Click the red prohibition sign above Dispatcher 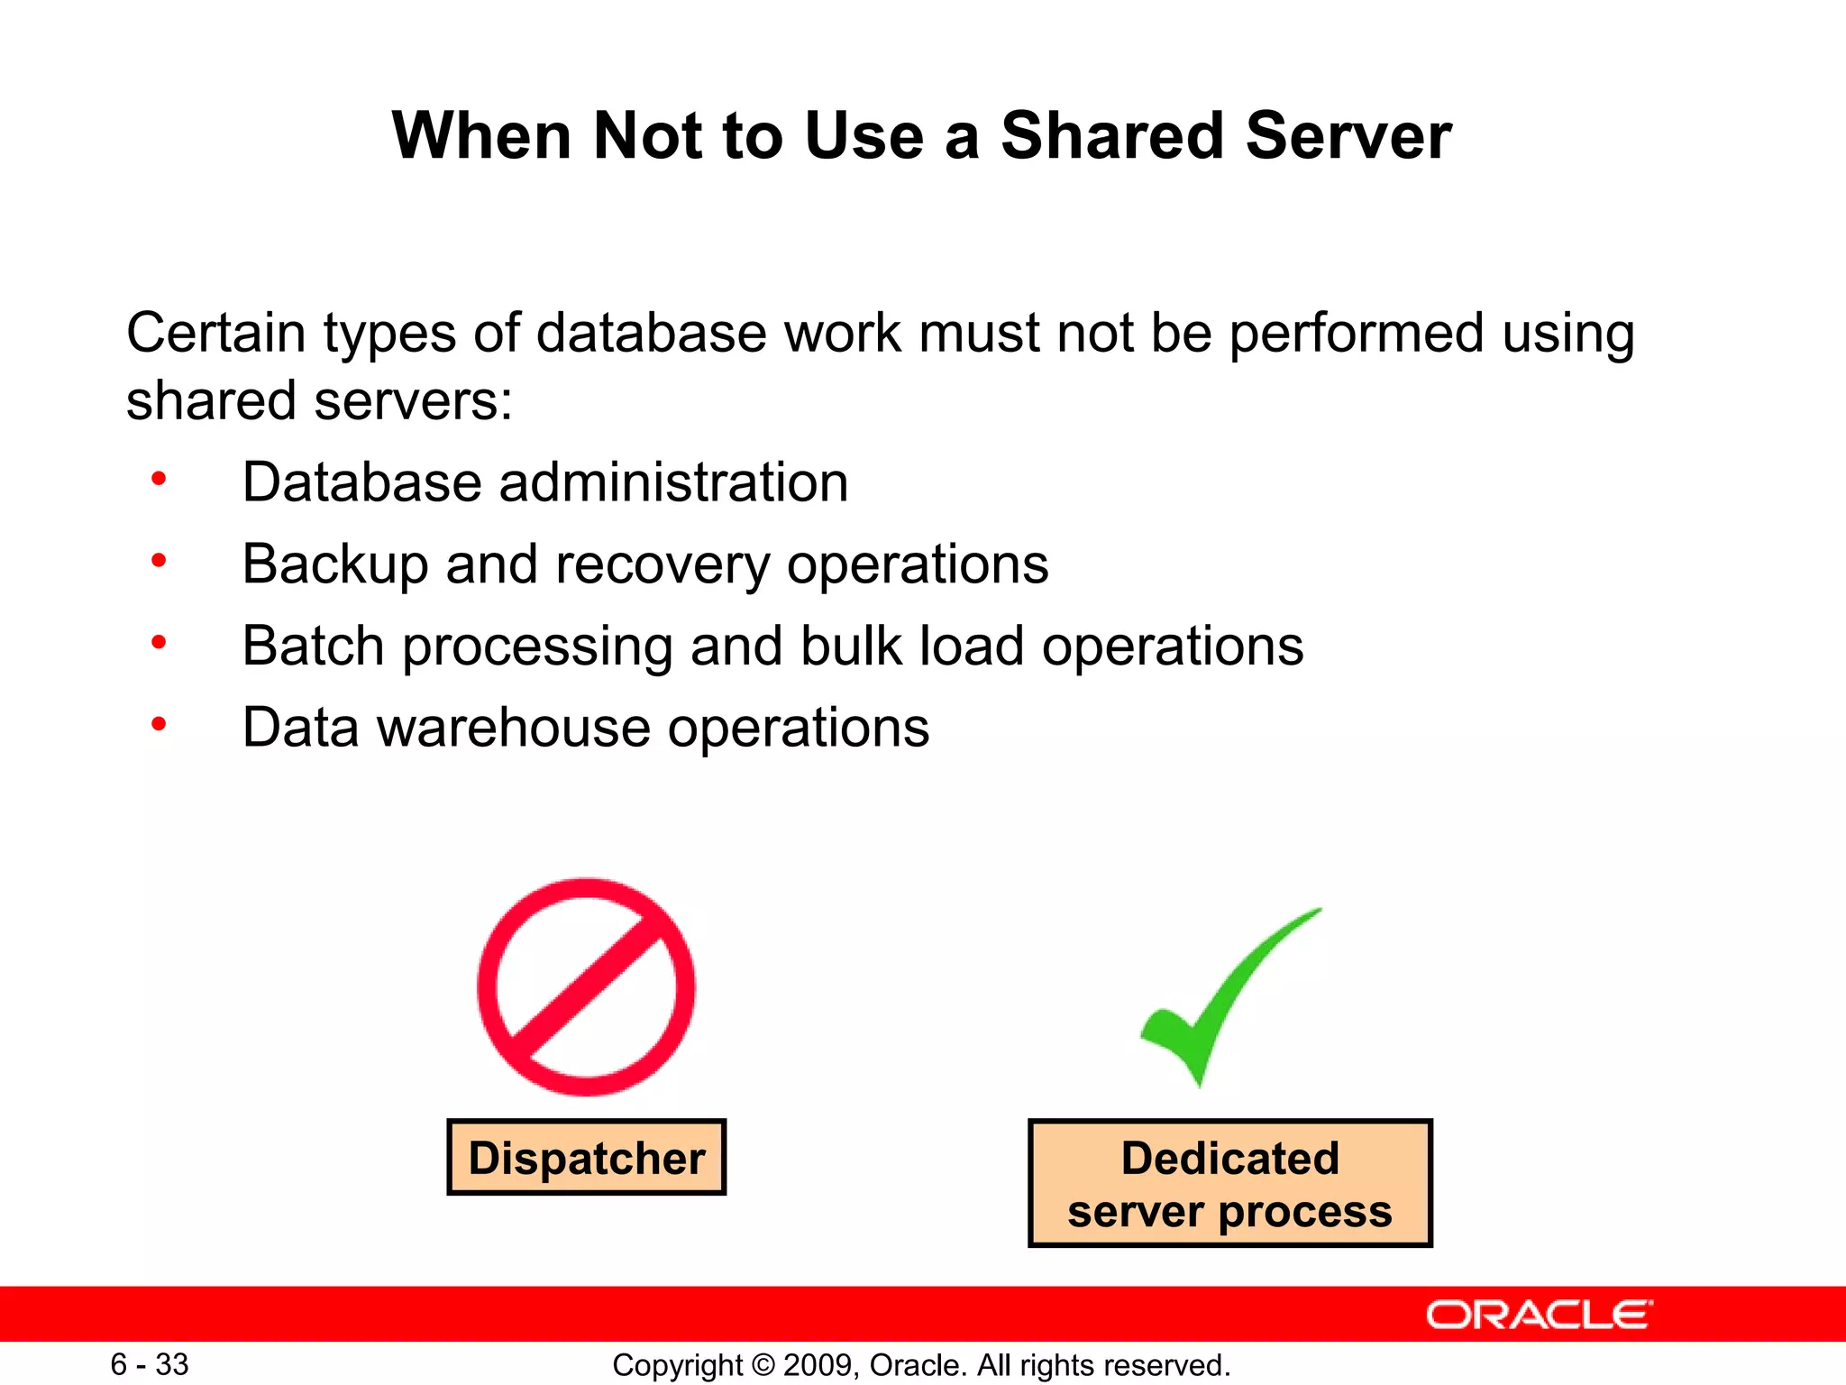pos(586,987)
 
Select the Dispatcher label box pos(586,1158)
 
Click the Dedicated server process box pos(1229,1184)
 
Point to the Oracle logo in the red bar pos(1539,1315)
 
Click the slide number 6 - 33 pos(150,1364)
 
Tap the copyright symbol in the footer pos(763,1365)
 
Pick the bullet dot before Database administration pos(159,479)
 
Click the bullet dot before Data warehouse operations pos(159,724)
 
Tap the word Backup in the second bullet pos(334,564)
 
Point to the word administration pos(673,482)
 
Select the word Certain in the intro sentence pos(215,332)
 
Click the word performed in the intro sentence pos(1356,334)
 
